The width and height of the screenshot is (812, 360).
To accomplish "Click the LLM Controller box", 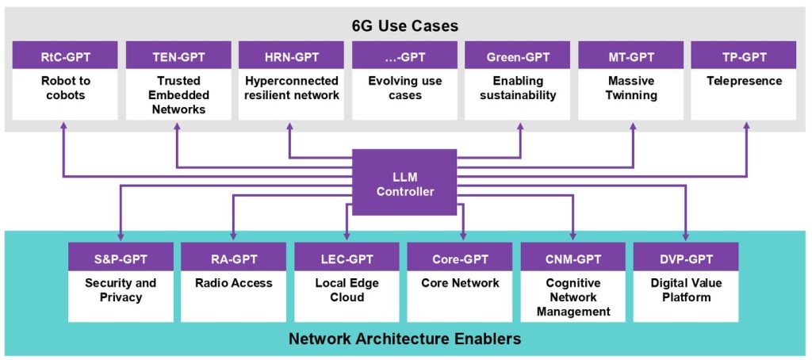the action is (404, 182).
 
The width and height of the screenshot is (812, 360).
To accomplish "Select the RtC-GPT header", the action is (65, 56).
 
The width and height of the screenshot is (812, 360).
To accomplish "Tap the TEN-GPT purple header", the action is (178, 56).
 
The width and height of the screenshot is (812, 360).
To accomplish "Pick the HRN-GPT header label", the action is (291, 56).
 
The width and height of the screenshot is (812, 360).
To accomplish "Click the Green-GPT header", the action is (517, 56).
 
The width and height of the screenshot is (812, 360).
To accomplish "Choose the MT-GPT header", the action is (630, 56).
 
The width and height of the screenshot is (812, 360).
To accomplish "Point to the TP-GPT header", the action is (744, 56).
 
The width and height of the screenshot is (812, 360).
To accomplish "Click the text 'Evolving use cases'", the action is (404, 89).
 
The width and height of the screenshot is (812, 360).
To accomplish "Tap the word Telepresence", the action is (744, 82).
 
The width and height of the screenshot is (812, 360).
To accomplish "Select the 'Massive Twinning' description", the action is (630, 89).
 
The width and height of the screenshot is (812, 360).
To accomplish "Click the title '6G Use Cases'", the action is (405, 26).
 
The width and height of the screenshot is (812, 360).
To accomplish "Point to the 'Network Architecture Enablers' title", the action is (404, 340).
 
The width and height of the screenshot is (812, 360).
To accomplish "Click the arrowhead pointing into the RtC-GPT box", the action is (63, 126).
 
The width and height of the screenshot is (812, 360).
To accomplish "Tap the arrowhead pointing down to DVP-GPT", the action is (686, 237).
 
